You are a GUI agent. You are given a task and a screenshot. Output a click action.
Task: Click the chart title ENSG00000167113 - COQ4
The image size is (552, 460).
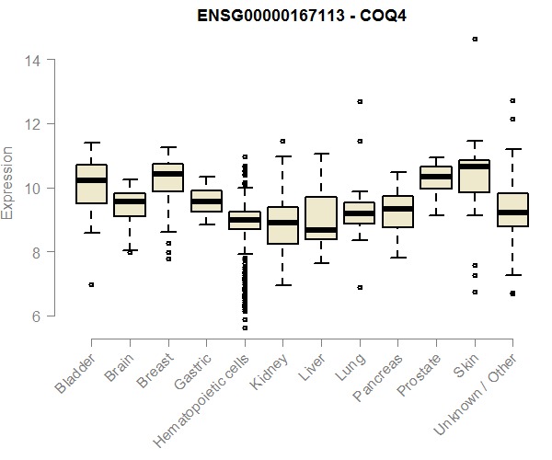(x=303, y=16)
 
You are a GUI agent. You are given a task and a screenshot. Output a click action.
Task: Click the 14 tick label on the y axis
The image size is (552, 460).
(x=32, y=60)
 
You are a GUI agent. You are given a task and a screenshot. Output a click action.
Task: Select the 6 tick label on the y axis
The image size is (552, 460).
(x=32, y=316)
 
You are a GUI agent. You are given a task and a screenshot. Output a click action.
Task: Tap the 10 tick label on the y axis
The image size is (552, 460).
(x=32, y=188)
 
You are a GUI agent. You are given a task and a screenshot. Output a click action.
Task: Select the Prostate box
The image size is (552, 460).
(x=436, y=178)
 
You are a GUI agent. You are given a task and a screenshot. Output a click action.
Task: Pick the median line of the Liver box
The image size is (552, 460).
(x=321, y=230)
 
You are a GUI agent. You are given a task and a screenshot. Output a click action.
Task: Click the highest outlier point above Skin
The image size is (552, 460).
(x=475, y=39)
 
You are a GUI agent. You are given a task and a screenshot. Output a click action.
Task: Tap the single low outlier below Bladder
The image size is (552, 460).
(x=91, y=284)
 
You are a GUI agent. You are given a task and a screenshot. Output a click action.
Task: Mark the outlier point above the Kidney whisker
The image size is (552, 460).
(x=283, y=142)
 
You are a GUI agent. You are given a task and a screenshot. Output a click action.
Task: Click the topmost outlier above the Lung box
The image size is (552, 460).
(x=360, y=101)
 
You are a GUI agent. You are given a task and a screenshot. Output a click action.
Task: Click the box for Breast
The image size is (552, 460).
(x=167, y=178)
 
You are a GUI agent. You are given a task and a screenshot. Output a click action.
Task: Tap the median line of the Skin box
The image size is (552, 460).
(x=475, y=167)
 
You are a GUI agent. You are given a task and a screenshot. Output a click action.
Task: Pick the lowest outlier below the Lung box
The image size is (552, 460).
(x=360, y=287)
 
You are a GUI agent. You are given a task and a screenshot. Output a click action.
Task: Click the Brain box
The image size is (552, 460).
(x=130, y=204)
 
